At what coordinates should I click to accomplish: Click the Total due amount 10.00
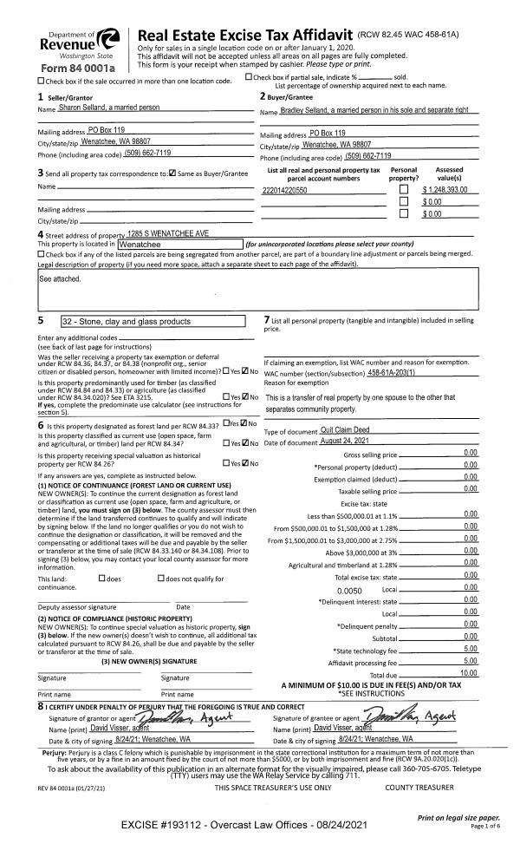[468, 674]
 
